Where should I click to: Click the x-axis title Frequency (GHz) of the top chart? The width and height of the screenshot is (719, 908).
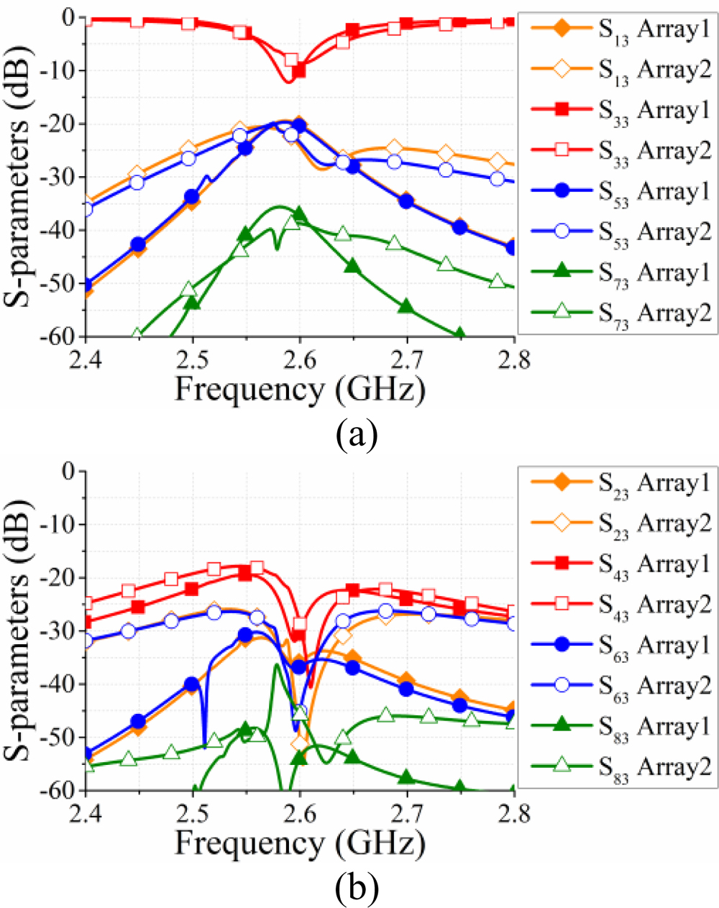300,390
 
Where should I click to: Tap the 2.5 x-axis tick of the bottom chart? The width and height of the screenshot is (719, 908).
193,813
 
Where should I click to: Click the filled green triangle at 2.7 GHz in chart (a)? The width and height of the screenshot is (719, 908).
407,306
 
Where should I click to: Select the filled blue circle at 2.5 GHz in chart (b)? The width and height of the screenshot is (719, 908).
191,684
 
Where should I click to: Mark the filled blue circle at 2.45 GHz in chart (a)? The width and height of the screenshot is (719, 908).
138,244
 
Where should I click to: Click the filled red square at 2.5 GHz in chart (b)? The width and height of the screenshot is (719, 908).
191,589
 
